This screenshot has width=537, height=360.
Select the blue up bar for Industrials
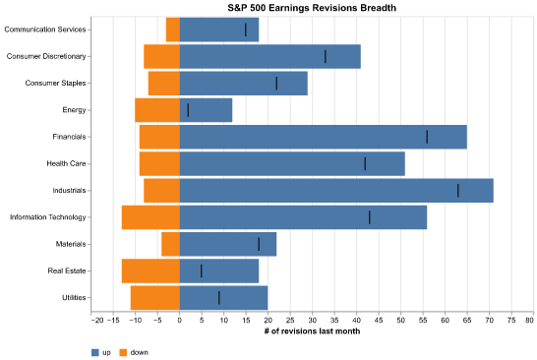336,190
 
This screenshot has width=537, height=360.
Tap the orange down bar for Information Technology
150,216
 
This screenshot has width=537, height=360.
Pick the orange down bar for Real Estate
150,270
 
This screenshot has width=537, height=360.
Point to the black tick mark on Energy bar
188,110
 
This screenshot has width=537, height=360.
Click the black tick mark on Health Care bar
365,163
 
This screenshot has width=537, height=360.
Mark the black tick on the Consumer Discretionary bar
326,56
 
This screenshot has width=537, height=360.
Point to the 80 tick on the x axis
530,321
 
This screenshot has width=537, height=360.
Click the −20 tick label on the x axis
96,321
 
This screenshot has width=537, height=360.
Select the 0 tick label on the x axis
180,321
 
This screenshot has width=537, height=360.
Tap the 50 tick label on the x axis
399,321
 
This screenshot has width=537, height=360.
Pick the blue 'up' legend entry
100,351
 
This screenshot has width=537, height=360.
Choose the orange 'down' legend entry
134,351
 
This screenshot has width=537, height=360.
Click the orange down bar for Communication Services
173,30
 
